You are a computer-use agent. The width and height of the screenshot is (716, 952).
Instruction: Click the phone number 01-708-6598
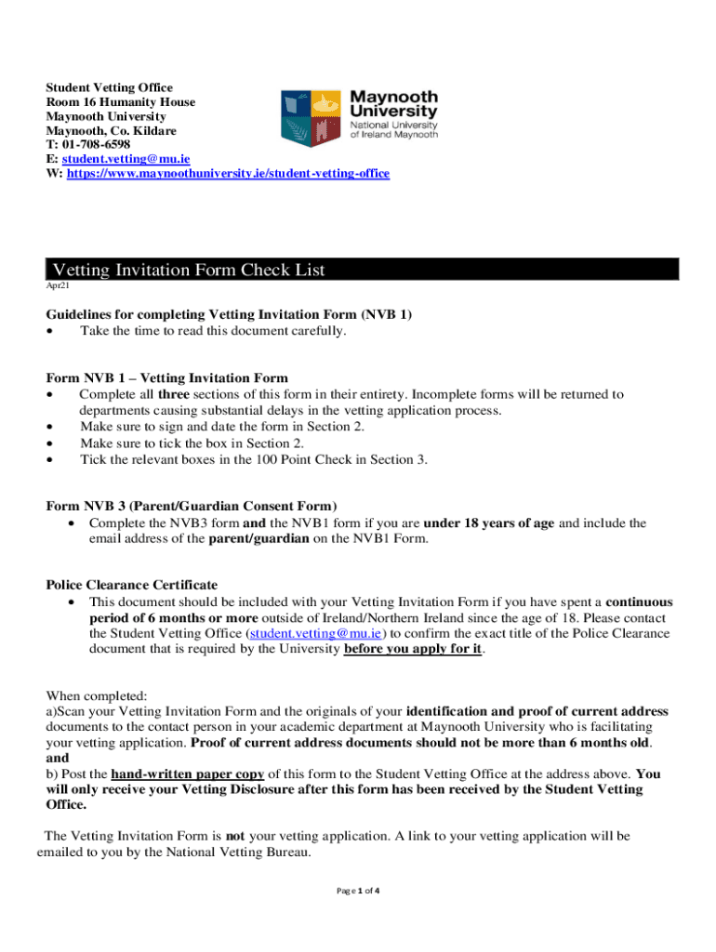click(x=96, y=145)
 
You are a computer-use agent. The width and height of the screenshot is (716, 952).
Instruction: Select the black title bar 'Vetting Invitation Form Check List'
click(x=363, y=270)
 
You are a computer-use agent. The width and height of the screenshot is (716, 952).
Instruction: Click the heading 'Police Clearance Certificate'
click(x=132, y=585)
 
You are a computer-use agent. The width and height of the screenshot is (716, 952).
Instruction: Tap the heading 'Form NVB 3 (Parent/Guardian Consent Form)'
click(x=191, y=506)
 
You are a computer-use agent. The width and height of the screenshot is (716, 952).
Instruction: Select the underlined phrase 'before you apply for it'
click(x=413, y=650)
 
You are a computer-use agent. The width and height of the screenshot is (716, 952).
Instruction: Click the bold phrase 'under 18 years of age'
click(x=489, y=523)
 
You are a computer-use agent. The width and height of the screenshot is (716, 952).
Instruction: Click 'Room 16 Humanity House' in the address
click(x=121, y=102)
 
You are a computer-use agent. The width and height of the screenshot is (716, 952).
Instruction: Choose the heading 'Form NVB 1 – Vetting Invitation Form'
click(x=167, y=378)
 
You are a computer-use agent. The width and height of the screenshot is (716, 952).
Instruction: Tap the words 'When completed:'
click(x=91, y=695)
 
